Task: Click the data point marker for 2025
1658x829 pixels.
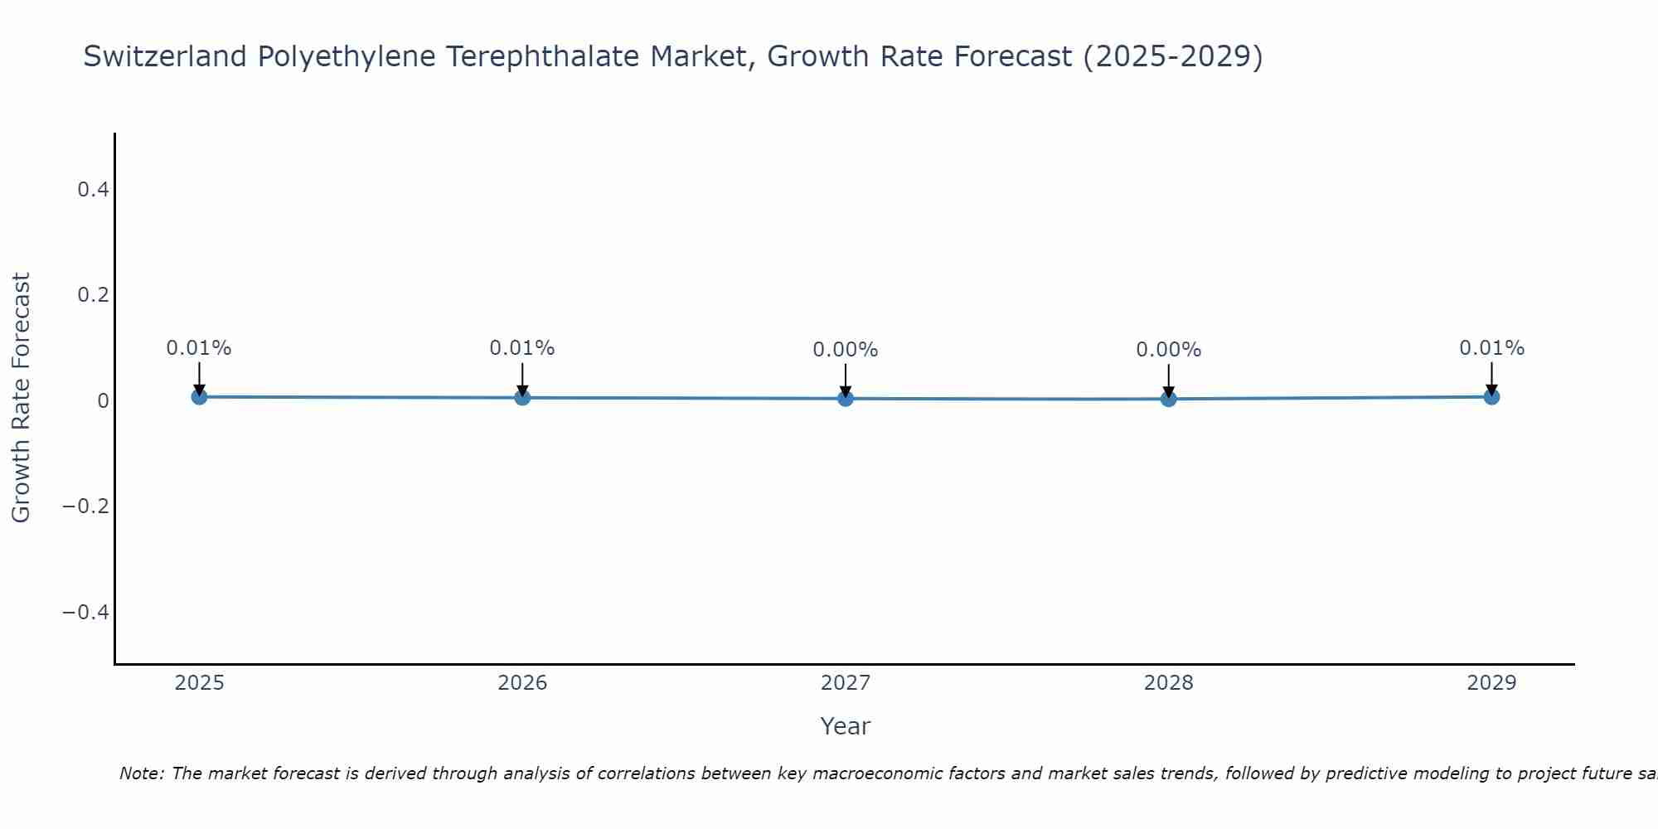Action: coord(199,397)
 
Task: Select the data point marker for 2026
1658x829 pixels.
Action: coord(522,398)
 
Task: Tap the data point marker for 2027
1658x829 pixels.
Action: coord(846,399)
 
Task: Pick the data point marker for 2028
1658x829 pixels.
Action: coord(1169,399)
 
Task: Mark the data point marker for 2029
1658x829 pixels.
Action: coord(1491,397)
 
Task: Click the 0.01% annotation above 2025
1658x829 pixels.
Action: coord(199,348)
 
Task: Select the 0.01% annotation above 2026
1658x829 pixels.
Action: coord(522,348)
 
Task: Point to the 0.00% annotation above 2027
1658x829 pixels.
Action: coord(846,350)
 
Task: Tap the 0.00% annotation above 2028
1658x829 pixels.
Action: coord(1169,350)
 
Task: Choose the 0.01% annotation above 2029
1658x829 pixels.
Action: coord(1491,348)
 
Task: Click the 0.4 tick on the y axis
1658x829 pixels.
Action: coord(93,190)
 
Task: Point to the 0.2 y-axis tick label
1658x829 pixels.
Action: coord(93,295)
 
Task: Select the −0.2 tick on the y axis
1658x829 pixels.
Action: coord(86,507)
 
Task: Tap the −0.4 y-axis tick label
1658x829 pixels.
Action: coord(86,612)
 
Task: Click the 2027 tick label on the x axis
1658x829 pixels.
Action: coord(846,683)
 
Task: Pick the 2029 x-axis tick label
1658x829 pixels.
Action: coord(1491,683)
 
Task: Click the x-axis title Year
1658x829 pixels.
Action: coord(846,726)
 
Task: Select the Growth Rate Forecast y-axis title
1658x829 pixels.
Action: coord(22,398)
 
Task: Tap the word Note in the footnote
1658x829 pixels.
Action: coord(141,773)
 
